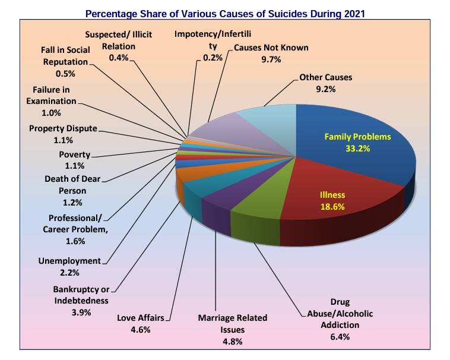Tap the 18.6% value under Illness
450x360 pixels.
tap(332, 206)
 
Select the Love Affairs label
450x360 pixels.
tap(141, 317)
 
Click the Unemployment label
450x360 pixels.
tap(69, 261)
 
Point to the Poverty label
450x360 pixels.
tap(74, 155)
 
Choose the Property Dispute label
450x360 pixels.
tap(63, 129)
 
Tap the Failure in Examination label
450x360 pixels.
tap(51, 96)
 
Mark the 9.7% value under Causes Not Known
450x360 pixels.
tap(262, 60)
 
